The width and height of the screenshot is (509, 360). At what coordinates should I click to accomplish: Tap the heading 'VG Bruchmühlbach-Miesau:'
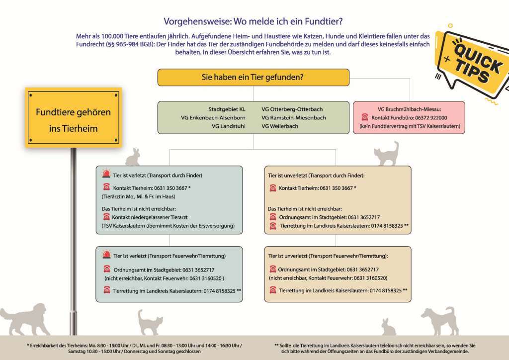[x=409, y=108]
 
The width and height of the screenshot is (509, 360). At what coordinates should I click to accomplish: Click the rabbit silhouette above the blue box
[x=132, y=157]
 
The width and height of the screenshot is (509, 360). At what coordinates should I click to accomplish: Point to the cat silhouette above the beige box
[x=386, y=154]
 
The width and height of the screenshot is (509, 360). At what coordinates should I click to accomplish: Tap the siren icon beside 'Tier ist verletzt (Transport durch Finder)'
[x=106, y=175]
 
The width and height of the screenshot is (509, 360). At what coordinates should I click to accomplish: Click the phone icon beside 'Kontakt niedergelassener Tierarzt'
[x=106, y=217]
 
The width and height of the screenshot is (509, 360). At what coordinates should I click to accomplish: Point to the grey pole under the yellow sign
[x=74, y=239]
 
